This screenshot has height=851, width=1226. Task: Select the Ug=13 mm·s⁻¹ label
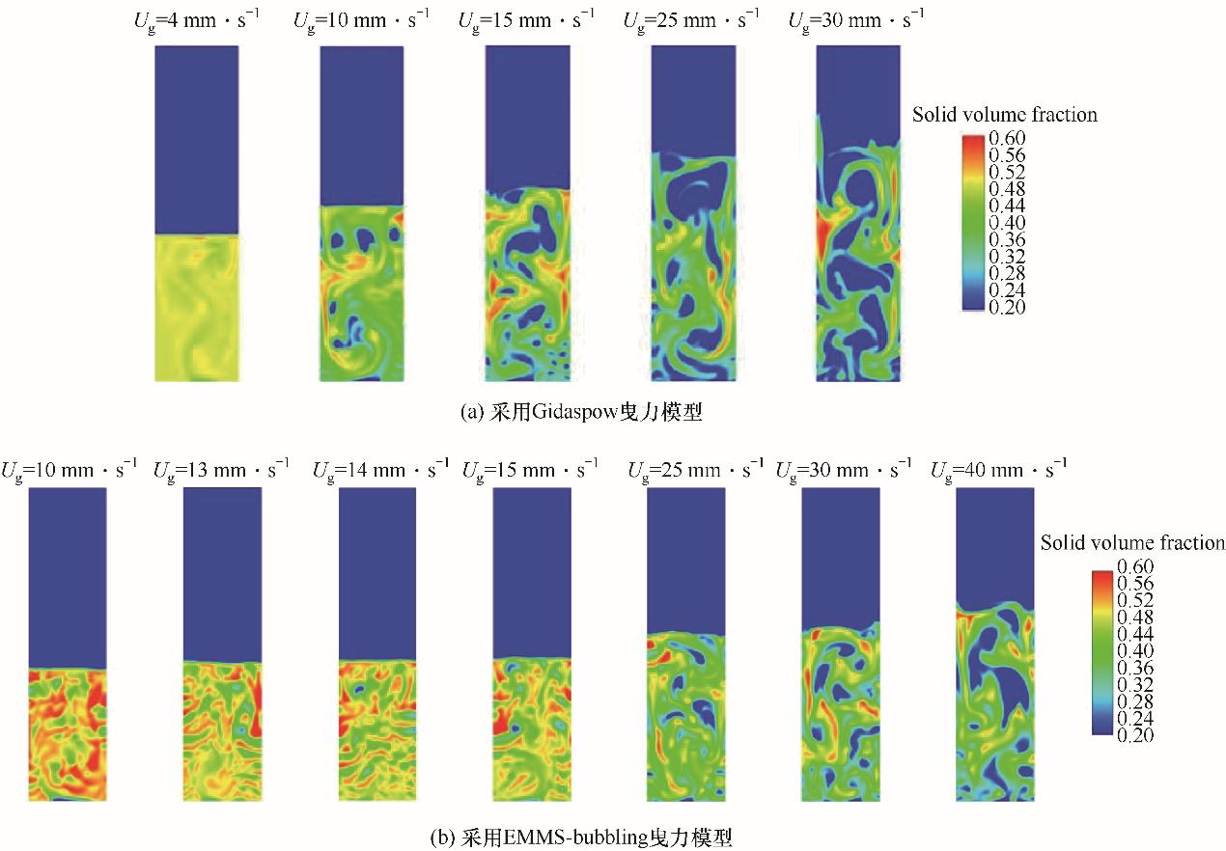coord(221,470)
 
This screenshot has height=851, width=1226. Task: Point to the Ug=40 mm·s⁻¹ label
coord(998,470)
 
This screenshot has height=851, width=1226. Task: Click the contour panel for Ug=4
coord(196,212)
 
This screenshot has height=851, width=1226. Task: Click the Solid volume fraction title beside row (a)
coord(1005,115)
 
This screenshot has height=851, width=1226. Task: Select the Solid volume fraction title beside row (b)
coord(1132,543)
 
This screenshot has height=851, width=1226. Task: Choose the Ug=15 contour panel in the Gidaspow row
coord(527,212)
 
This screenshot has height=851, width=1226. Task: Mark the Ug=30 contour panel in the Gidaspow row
coord(858,212)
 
